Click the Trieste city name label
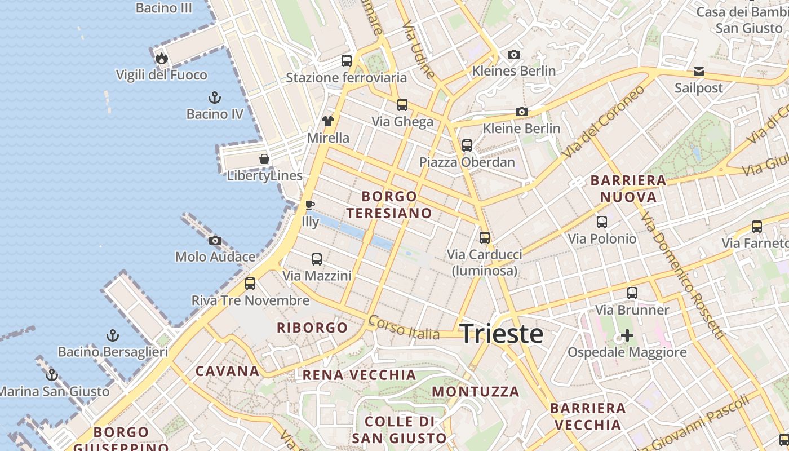click(502, 334)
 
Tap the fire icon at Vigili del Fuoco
click(162, 58)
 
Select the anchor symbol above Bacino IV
click(214, 98)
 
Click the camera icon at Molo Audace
click(215, 241)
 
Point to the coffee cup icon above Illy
click(309, 205)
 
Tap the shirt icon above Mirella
click(328, 121)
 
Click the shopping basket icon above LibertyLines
click(264, 160)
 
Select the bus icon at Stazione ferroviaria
click(347, 61)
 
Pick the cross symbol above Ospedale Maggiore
click(627, 336)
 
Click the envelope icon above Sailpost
click(699, 72)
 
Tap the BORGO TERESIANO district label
click(389, 205)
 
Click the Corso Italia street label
click(404, 328)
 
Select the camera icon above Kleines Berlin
click(513, 55)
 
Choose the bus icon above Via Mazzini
click(317, 259)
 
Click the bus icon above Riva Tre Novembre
click(250, 284)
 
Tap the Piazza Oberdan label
click(467, 162)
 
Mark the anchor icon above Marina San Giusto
click(52, 374)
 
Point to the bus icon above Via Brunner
click(632, 293)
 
